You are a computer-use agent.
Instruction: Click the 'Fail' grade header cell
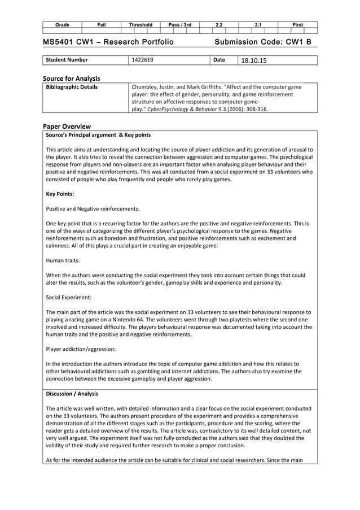click(x=102, y=25)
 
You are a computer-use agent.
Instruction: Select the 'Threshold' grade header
click(x=141, y=25)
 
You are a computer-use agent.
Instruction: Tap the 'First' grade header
click(x=298, y=25)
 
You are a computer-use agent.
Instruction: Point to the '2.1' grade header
click(x=258, y=25)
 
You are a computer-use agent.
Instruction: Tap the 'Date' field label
click(x=220, y=60)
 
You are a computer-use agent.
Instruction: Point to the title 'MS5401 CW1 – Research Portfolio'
click(x=108, y=43)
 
